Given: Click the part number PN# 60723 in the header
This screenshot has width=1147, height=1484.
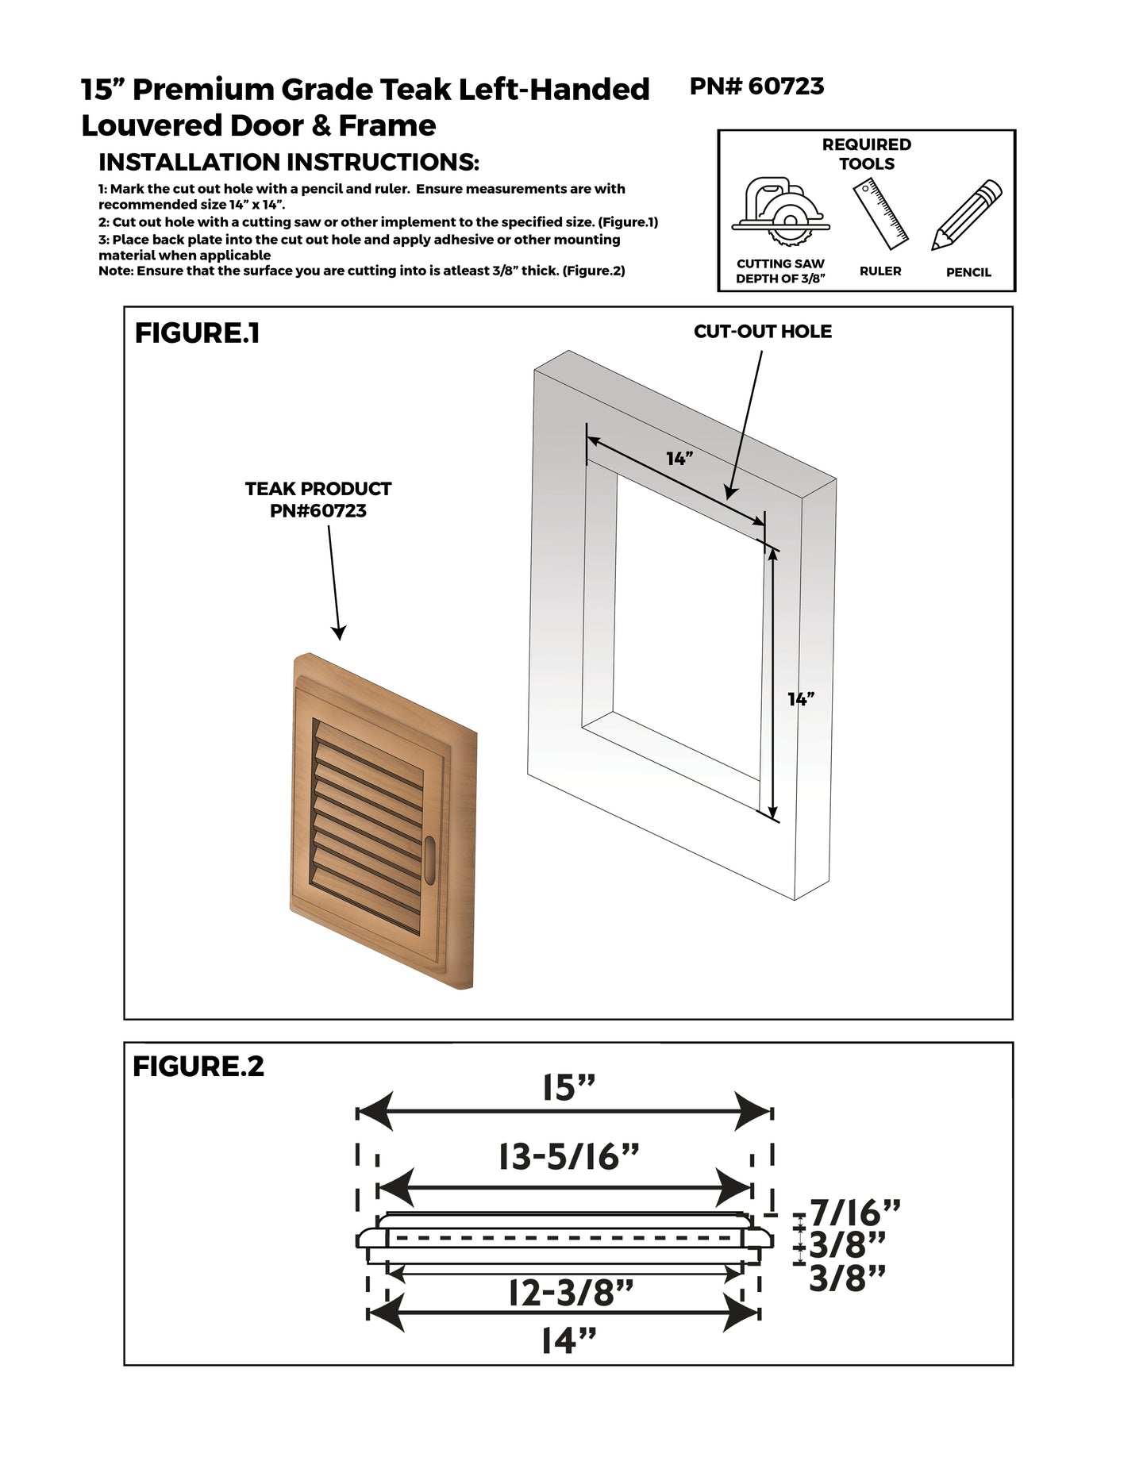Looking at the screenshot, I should [756, 86].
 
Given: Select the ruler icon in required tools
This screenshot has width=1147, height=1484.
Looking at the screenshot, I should [880, 212].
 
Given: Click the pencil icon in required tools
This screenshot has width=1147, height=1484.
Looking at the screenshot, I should [967, 214].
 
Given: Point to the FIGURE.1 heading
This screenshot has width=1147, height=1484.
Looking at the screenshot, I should [197, 333].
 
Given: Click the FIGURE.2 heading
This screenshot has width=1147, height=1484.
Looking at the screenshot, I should [198, 1066].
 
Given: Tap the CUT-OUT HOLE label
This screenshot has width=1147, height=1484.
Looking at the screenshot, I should [762, 332].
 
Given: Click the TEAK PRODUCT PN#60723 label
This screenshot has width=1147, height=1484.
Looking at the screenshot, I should [318, 499].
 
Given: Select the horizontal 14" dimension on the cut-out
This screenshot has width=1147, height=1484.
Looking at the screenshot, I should [679, 459].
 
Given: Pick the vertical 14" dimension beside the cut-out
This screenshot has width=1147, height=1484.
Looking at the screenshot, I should [801, 698].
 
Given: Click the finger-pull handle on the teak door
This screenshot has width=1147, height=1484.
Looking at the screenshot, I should [431, 859].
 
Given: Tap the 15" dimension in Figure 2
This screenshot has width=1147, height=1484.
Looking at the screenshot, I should [569, 1088].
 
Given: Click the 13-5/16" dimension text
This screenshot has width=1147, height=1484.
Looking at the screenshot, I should [568, 1158].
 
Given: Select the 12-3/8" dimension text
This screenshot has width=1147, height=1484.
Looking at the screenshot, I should [570, 1294].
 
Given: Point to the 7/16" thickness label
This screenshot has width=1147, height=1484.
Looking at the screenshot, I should [855, 1213].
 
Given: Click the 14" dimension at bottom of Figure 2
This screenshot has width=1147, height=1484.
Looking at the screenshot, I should [568, 1341].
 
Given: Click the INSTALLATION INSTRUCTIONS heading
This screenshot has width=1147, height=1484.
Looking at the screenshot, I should [289, 163].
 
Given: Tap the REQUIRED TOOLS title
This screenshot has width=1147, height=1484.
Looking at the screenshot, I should [866, 154].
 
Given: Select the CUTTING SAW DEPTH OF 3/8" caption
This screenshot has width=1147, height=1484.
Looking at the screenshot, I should [780, 271].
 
